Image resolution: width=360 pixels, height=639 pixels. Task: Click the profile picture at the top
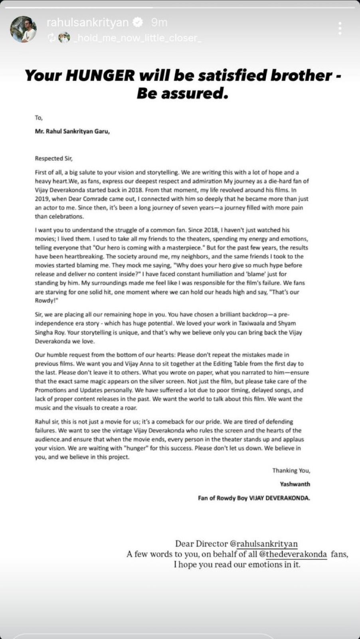pyautogui.click(x=23, y=30)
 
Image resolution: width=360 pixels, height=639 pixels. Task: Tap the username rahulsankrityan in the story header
pyautogui.click(x=87, y=23)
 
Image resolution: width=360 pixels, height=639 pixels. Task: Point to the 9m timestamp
pyautogui.click(x=159, y=23)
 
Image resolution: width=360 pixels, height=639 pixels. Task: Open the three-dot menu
pyautogui.click(x=340, y=29)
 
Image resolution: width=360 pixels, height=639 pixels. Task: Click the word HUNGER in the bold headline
pyautogui.click(x=100, y=75)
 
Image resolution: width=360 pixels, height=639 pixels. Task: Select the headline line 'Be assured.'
pyautogui.click(x=182, y=93)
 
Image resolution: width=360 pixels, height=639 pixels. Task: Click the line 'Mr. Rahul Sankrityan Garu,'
pyautogui.click(x=72, y=131)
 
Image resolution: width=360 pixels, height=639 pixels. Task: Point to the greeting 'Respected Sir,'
pyautogui.click(x=53, y=158)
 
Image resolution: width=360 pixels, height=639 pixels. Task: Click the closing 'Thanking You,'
pyautogui.click(x=291, y=470)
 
